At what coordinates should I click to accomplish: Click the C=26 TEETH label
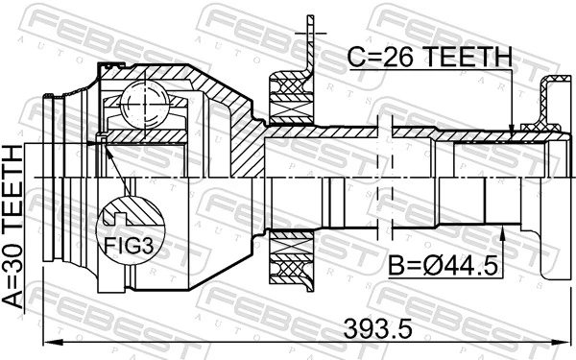pos(430,59)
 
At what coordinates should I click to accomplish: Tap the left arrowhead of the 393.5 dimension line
pos(49,342)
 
